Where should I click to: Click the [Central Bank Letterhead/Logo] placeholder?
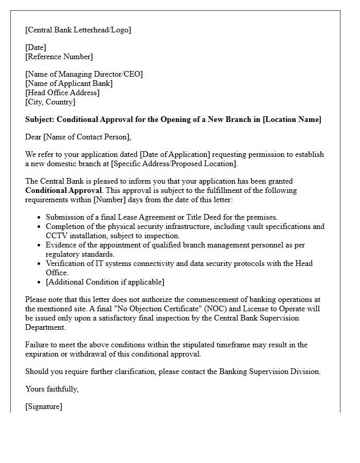tap(78, 30)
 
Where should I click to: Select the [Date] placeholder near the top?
tap(35, 47)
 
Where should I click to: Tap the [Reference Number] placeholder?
tap(59, 57)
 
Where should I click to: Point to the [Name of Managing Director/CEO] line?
tap(84, 74)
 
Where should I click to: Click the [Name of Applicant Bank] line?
tap(69, 83)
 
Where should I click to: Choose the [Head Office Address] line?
tap(62, 93)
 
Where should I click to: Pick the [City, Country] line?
tap(50, 102)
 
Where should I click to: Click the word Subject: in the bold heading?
tap(40, 119)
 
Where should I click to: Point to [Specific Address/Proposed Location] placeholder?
tap(174, 164)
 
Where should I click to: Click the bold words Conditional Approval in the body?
tap(63, 190)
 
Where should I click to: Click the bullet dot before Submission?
tap(39, 218)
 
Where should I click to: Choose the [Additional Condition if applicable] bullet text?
tap(105, 282)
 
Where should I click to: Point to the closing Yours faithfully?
tap(52, 389)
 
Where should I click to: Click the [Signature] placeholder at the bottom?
tap(44, 406)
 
